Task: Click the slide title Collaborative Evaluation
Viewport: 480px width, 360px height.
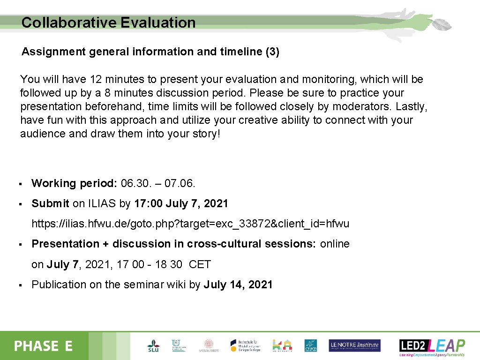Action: pos(108,22)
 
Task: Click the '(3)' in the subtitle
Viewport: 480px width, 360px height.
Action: pos(272,52)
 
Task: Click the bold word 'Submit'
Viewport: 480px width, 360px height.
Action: pos(50,203)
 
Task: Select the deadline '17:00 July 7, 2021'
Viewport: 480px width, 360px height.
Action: pos(181,203)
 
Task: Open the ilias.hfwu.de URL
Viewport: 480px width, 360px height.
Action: pos(190,224)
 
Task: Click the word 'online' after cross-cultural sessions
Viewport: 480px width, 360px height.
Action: pos(335,244)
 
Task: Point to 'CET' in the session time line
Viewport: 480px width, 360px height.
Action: pos(200,264)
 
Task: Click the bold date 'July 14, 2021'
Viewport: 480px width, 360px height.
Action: pos(238,285)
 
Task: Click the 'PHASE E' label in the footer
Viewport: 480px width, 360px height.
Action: pos(44,346)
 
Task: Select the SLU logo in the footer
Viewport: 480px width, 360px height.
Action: pos(153,346)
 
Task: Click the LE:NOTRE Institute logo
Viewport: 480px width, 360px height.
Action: pos(354,345)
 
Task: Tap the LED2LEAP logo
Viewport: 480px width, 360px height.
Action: pos(432,346)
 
